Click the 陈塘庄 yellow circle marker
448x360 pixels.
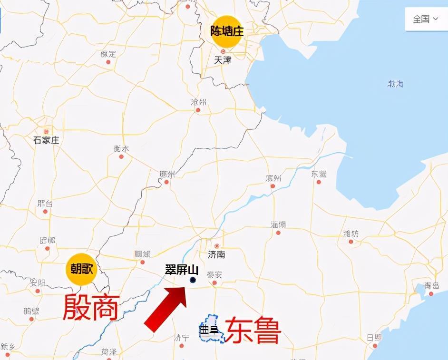(227, 32)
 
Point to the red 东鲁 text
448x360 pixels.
(253, 330)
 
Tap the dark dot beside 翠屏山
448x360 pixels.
(193, 280)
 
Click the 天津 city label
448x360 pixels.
(222, 60)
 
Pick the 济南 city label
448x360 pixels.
(216, 254)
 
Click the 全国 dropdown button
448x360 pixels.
(425, 19)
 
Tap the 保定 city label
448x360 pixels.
(108, 54)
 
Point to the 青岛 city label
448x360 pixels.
(431, 286)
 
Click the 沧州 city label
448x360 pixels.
(198, 102)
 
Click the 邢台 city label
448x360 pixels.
(45, 203)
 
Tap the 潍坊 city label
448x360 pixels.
(351, 233)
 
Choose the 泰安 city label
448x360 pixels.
(214, 275)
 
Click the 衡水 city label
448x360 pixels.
(121, 148)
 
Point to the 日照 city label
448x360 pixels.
(374, 338)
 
